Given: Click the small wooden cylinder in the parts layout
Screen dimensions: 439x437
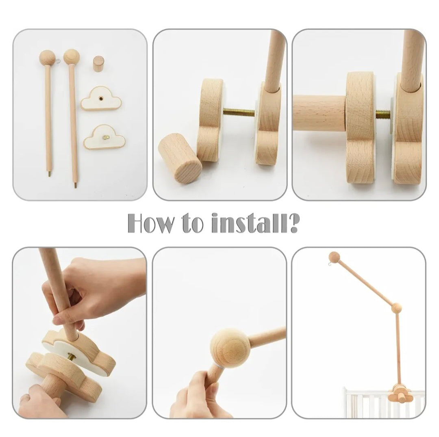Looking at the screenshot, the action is (x=98, y=65).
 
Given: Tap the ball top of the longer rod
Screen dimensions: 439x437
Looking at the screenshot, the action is (x=72, y=57).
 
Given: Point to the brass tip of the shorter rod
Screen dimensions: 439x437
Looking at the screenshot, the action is (x=50, y=174).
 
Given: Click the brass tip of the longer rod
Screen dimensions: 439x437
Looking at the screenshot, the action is (x=75, y=185).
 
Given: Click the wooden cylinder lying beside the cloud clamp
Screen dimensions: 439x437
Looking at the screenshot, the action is (x=180, y=158).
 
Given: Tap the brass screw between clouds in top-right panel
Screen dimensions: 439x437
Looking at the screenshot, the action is (x=383, y=114).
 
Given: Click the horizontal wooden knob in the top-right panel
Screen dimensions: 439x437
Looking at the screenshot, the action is (x=319, y=113).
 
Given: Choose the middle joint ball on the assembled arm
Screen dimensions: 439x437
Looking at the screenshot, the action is (x=396, y=308).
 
